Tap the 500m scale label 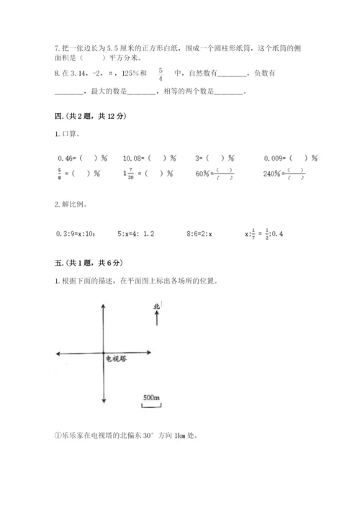pyautogui.click(x=151, y=397)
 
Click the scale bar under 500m pyautogui.click(x=151, y=405)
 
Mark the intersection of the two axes pyautogui.click(x=104, y=353)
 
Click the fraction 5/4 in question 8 pyautogui.click(x=161, y=74)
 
